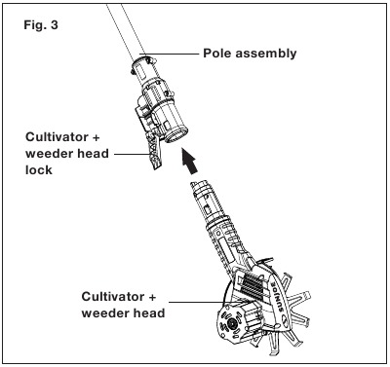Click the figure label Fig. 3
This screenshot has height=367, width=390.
(x=41, y=25)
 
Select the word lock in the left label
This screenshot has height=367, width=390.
(x=39, y=170)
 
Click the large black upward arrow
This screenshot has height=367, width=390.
(x=190, y=160)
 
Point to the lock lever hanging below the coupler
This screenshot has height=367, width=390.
(x=154, y=151)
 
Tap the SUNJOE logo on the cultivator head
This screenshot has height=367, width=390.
(x=276, y=298)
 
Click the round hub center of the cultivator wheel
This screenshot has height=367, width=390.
(x=231, y=323)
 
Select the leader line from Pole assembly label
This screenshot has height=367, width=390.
(x=169, y=54)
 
